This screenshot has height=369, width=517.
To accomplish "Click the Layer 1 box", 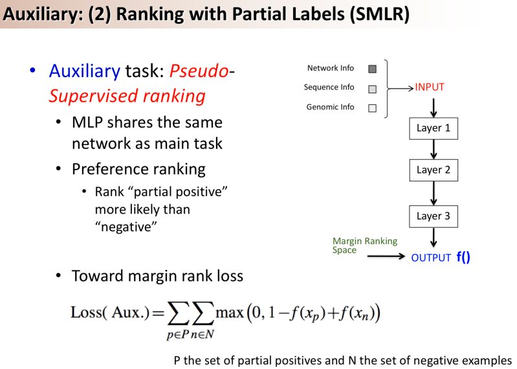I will click(x=433, y=128).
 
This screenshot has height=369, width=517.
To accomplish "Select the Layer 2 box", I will click(x=433, y=170).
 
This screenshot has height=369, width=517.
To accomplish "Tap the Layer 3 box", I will click(x=433, y=216).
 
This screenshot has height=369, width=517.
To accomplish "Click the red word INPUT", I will click(x=430, y=87).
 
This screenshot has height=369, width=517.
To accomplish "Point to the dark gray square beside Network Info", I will click(x=372, y=69).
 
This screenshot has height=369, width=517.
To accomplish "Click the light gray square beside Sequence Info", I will click(x=372, y=89).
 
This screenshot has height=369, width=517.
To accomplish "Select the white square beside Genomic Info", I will click(x=372, y=108).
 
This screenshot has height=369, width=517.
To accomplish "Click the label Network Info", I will click(x=331, y=68).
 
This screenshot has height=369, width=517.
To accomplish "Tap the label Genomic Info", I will click(x=330, y=107).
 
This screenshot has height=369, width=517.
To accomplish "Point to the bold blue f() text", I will click(x=463, y=257).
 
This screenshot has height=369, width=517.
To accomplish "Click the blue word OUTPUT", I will click(x=431, y=258).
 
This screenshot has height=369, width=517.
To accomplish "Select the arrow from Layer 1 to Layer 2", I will click(x=433, y=149).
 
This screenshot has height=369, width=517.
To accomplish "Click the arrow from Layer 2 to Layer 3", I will click(x=433, y=193).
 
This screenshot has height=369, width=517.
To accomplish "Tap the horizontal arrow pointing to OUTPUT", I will click(x=386, y=257).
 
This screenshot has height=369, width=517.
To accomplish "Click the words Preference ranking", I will click(x=138, y=169).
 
